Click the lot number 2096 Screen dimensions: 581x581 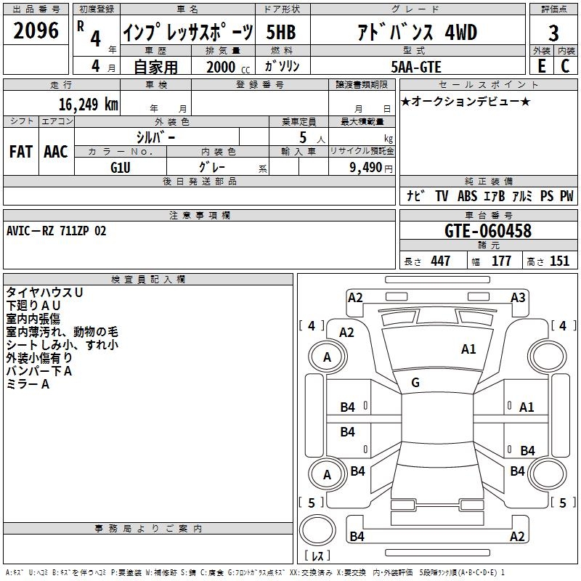(x=36, y=31)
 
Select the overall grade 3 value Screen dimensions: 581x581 (x=553, y=33)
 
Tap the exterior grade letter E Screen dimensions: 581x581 (x=541, y=66)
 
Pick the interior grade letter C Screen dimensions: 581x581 (x=565, y=66)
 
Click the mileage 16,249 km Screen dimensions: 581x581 (x=89, y=105)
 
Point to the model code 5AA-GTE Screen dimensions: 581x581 (x=416, y=67)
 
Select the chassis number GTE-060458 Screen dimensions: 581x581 (x=487, y=231)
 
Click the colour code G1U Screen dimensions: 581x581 (x=121, y=168)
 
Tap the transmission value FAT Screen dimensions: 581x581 (x=21, y=152)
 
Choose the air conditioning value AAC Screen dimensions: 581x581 (x=56, y=152)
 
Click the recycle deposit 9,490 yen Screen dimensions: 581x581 (x=371, y=168)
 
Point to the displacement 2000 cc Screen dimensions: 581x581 (x=228, y=67)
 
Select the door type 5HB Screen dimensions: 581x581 (x=281, y=32)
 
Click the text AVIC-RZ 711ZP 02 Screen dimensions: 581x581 (x=57, y=231)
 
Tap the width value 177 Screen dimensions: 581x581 (x=501, y=261)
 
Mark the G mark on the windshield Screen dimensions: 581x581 (x=415, y=383)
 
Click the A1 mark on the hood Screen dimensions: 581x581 (x=468, y=349)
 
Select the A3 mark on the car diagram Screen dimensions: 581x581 (x=518, y=298)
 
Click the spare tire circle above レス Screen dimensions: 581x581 (x=317, y=529)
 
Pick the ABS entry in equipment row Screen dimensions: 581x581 (x=467, y=196)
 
